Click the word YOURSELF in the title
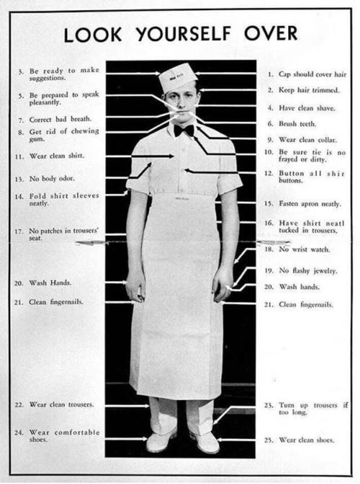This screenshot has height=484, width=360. pyautogui.click(x=184, y=34)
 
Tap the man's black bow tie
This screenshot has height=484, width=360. pyautogui.click(x=184, y=130)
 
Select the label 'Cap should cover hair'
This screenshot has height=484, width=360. pyautogui.click(x=313, y=74)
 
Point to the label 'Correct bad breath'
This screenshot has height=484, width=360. pyautogui.click(x=61, y=119)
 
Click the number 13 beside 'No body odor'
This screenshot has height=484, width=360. pyautogui.click(x=19, y=179)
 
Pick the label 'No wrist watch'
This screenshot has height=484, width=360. pyautogui.click(x=304, y=249)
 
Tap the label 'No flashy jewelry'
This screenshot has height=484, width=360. pyautogui.click(x=308, y=270)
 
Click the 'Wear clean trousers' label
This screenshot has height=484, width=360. pyautogui.click(x=61, y=404)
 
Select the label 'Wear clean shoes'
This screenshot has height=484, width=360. pyautogui.click(x=307, y=440)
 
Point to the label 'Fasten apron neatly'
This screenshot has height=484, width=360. pyautogui.click(x=310, y=204)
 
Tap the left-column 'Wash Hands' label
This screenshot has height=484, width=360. pyautogui.click(x=50, y=282)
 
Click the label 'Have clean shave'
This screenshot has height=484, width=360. pyautogui.click(x=307, y=108)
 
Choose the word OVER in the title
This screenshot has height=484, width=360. pyautogui.click(x=271, y=34)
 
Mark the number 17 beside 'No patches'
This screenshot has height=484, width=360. pyautogui.click(x=19, y=231)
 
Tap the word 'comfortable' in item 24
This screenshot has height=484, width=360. pyautogui.click(x=77, y=432)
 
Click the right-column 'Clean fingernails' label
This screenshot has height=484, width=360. pyautogui.click(x=306, y=305)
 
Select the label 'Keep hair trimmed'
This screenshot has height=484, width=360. pyautogui.click(x=309, y=90)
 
